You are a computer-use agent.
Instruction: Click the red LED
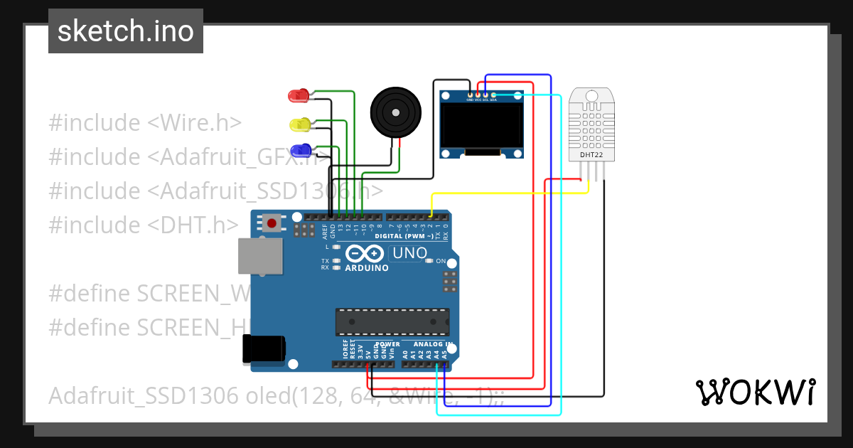296,95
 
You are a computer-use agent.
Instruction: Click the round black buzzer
395,112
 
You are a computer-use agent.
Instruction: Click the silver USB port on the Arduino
259,255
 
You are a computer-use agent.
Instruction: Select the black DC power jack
264,348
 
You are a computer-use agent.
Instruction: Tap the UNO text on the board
409,252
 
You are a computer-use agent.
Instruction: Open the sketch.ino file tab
125,31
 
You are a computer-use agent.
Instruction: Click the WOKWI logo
755,392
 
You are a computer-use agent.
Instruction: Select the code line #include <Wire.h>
145,122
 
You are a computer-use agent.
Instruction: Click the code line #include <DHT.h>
143,225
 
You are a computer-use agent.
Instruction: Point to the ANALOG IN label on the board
433,343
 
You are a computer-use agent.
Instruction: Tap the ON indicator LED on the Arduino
429,261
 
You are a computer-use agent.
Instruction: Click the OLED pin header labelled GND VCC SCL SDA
481,95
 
